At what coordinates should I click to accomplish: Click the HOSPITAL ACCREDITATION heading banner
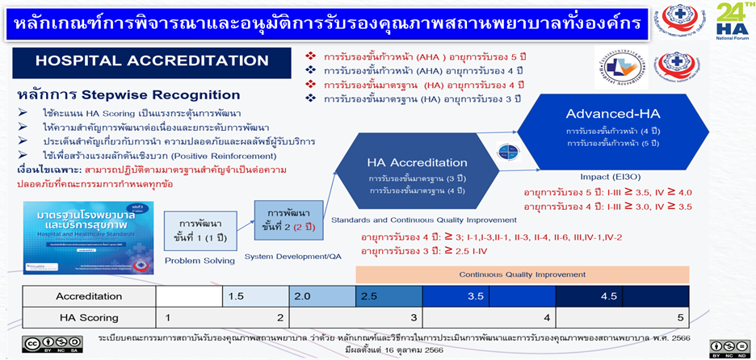tap(152, 61)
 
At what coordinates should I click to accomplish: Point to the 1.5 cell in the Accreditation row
tap(236, 296)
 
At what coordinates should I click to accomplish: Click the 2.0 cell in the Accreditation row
tap(302, 296)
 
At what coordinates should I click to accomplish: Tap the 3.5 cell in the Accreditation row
tap(475, 296)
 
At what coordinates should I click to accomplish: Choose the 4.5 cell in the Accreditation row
tap(609, 296)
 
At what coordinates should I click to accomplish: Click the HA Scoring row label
tap(88, 317)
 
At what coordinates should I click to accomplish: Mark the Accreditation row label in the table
tap(88, 296)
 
